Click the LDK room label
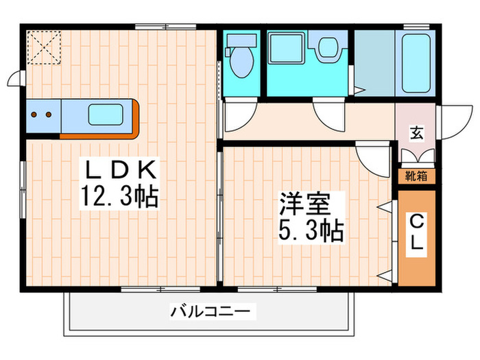121,169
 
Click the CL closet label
416,233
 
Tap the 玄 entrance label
416,132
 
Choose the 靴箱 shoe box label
416,176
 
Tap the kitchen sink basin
106,114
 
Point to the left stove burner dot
36,115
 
